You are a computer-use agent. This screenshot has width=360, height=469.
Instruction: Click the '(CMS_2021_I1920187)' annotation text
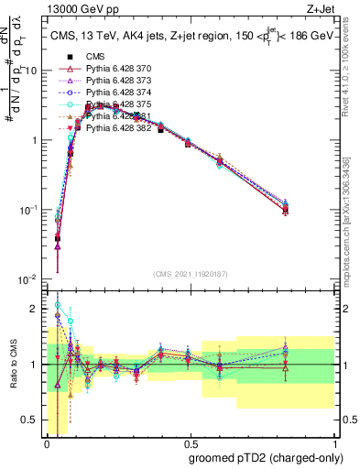click(x=190, y=274)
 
